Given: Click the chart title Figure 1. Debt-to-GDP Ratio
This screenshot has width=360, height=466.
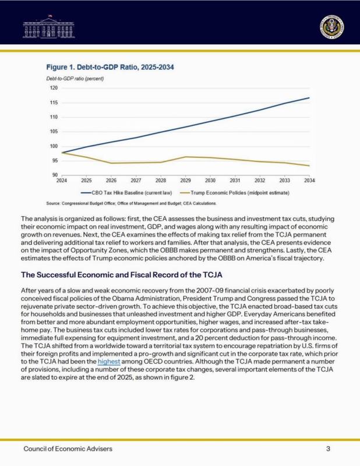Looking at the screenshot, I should pyautogui.click(x=111, y=68).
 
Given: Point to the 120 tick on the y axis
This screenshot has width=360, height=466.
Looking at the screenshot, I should pyautogui.click(x=54, y=88).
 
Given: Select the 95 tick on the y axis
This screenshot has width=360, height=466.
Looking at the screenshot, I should pyautogui.click(x=55, y=161).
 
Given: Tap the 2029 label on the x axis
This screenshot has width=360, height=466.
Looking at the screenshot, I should pyautogui.click(x=185, y=181).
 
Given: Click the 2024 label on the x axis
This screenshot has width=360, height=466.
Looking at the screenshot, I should pyautogui.click(x=61, y=181).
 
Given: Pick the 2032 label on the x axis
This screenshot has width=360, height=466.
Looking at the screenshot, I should pyautogui.click(x=260, y=181).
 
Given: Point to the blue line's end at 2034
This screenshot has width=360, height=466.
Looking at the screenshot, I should pyautogui.click(x=309, y=98).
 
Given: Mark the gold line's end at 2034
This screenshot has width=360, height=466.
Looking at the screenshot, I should pyautogui.click(x=309, y=165).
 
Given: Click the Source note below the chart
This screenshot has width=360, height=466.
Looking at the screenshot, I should pyautogui.click(x=131, y=203).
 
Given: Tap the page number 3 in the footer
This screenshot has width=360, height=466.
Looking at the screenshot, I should pyautogui.click(x=328, y=449).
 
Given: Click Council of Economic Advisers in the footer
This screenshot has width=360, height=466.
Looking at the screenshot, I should pyautogui.click(x=68, y=449).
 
